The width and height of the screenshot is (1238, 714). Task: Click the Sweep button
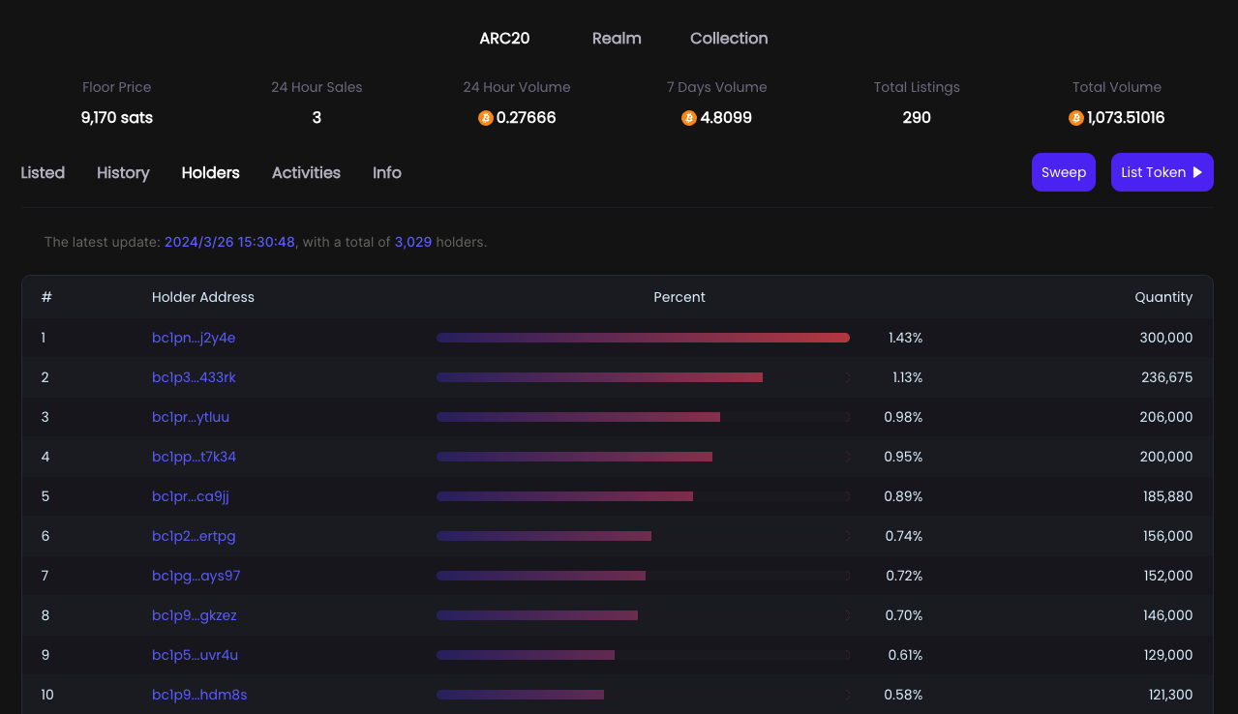pos(1063,172)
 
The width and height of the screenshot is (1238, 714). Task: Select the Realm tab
pos(617,39)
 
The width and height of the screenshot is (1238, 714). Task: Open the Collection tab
pos(729,39)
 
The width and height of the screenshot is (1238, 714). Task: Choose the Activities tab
pos(306,173)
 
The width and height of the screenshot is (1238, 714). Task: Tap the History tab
pos(123,173)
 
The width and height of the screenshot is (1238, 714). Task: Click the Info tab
pos(387,173)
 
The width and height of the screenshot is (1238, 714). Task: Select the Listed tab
pos(43,173)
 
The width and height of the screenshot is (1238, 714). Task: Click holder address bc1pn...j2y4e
pos(194,338)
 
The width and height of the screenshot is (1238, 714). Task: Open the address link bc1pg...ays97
pos(196,576)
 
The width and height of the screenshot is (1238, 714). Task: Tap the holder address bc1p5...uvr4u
pos(195,655)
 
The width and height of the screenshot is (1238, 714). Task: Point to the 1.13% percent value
pos(907,377)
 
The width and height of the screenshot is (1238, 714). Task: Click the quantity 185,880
pos(1166,496)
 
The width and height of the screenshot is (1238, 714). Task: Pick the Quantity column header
pos(1163,297)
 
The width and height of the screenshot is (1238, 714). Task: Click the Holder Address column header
pos(203,297)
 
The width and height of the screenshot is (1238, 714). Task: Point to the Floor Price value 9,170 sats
pos(117,118)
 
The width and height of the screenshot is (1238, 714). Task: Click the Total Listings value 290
pos(916,118)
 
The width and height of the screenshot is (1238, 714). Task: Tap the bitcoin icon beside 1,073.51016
pos(1075,118)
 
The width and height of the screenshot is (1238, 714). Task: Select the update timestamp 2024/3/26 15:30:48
pos(229,242)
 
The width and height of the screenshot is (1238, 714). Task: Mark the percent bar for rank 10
pos(521,695)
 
